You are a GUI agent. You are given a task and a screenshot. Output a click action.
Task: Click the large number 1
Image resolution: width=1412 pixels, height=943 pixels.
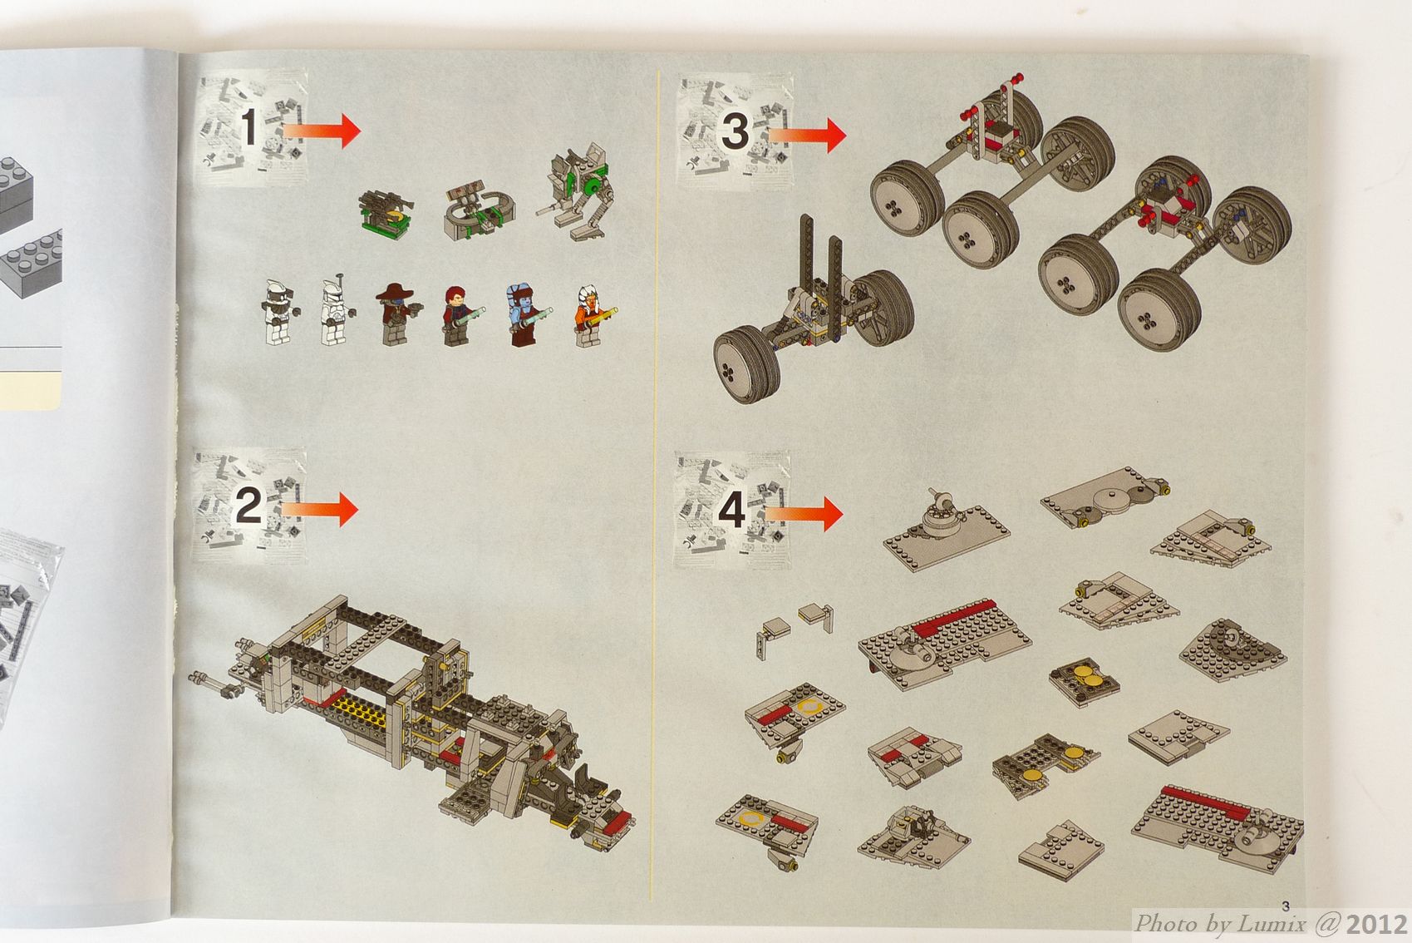pyautogui.click(x=249, y=126)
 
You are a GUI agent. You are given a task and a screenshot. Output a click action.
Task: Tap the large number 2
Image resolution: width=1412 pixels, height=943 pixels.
pyautogui.click(x=248, y=506)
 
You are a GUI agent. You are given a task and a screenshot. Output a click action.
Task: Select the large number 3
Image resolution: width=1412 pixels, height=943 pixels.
pyautogui.click(x=735, y=131)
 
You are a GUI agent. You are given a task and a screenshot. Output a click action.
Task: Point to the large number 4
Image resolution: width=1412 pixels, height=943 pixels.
pyautogui.click(x=732, y=510)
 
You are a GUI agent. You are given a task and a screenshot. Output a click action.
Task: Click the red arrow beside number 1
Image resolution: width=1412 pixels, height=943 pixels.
pyautogui.click(x=322, y=131)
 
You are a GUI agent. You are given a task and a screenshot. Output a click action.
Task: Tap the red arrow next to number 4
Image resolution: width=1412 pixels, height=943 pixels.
pyautogui.click(x=804, y=513)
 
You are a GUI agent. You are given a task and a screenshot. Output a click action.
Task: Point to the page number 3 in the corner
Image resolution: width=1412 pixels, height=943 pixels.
pyautogui.click(x=1286, y=906)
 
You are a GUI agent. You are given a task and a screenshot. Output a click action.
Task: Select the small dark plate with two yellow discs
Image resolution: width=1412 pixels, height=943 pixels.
pyautogui.click(x=1085, y=682)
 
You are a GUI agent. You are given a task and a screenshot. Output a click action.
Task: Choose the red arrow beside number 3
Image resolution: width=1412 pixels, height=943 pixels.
pyautogui.click(x=807, y=135)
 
